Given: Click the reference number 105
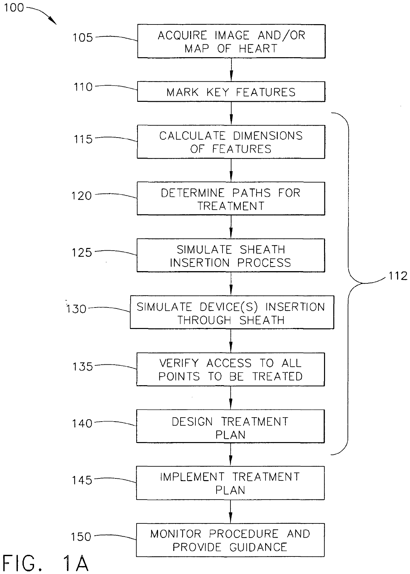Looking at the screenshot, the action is pos(83,37).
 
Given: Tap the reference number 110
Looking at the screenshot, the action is pos(83,87).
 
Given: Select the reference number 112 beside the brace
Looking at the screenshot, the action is pos(398,276).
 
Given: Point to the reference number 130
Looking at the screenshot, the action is pos(76,309).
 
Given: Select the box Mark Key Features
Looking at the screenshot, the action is pos(231,92).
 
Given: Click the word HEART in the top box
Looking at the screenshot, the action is pos(258,49).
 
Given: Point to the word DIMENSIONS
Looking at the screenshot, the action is pos(268,136).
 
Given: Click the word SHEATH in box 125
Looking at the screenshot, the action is pos(263,249).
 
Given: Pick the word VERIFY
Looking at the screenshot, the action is pos(179,363).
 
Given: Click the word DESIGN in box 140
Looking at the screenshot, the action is pos(192,422).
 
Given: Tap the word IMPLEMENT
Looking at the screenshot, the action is pos(192,477).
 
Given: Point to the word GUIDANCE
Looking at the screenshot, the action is pos(258,547).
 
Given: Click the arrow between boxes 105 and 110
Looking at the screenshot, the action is pos(231,70).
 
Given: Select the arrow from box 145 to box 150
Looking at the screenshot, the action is pos(230,512).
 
